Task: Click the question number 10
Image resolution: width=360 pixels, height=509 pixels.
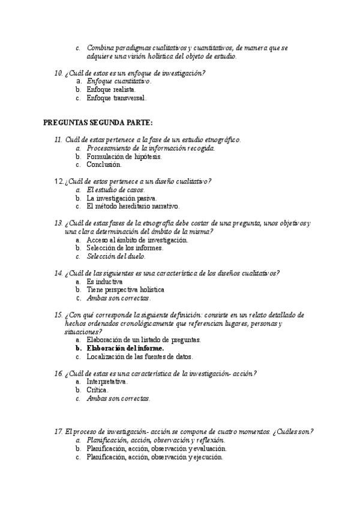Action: coord(59,72)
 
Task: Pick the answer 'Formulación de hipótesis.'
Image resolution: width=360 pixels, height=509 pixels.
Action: coord(124,155)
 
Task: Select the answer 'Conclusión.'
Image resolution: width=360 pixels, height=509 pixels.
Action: coord(104,164)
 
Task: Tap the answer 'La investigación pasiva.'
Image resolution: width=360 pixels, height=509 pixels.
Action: coord(122,197)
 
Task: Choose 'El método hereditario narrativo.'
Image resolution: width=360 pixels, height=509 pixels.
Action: coord(133,206)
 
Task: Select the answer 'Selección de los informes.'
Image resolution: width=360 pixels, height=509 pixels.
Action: coord(124,248)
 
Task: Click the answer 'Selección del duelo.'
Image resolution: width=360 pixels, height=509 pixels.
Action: coord(117,256)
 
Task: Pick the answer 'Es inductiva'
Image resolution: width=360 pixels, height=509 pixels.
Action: coord(104,281)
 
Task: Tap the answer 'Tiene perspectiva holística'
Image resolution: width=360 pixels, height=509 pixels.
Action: coord(125,289)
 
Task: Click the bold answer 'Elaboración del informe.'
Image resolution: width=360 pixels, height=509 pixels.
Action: coord(125,348)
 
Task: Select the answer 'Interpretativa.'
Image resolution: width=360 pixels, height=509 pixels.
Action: coord(107,381)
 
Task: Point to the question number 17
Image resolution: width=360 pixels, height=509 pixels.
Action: coord(59,431)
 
